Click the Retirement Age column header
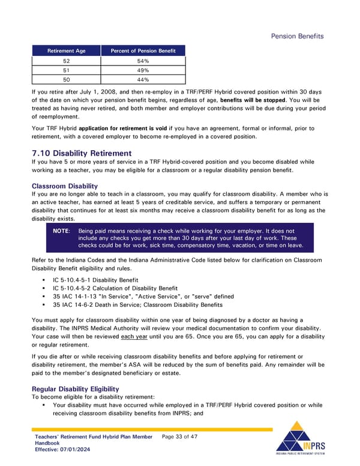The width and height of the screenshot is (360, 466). pyautogui.click(x=67, y=51)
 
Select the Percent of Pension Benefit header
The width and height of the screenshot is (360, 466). pyautogui.click(x=143, y=51)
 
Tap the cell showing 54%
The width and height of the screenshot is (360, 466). pyautogui.click(x=143, y=61)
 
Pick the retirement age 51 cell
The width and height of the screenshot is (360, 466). pyautogui.click(x=67, y=70)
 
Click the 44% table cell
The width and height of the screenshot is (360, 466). pyautogui.click(x=143, y=79)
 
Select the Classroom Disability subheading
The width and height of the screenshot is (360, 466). pyautogui.click(x=64, y=186)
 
